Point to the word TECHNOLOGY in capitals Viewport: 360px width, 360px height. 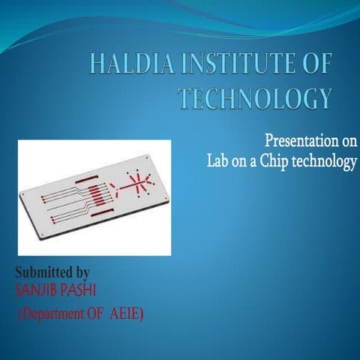click(x=256, y=98)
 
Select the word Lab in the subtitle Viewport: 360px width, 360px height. click(x=221, y=161)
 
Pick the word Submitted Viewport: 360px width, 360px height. click(x=43, y=270)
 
